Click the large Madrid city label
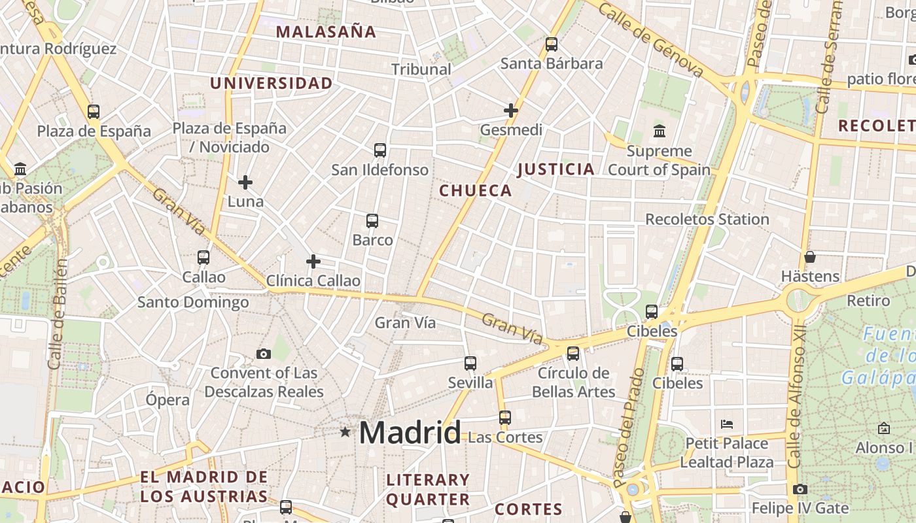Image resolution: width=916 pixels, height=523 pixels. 410,433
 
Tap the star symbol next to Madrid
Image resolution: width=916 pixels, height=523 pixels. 345,431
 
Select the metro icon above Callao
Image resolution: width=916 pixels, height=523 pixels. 203,258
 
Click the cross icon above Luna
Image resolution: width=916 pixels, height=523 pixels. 245,182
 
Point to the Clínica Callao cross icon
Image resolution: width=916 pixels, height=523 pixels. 313,262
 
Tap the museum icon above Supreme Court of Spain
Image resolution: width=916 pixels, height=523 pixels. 660,131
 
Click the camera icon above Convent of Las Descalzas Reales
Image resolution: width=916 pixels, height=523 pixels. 264,354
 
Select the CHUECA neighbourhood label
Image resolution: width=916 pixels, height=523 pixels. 475,191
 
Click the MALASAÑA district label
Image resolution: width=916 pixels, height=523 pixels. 326,32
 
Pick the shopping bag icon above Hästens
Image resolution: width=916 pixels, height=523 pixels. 810,257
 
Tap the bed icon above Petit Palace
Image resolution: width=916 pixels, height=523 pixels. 727,424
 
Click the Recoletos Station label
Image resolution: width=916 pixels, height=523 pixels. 707,220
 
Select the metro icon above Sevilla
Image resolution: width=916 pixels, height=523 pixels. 470,363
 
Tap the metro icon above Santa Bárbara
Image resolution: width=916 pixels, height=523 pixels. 552,44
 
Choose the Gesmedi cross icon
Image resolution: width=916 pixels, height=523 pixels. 511,110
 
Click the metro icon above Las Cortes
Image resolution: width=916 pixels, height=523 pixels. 504,417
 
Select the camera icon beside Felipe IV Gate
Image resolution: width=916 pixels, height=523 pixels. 800,489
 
